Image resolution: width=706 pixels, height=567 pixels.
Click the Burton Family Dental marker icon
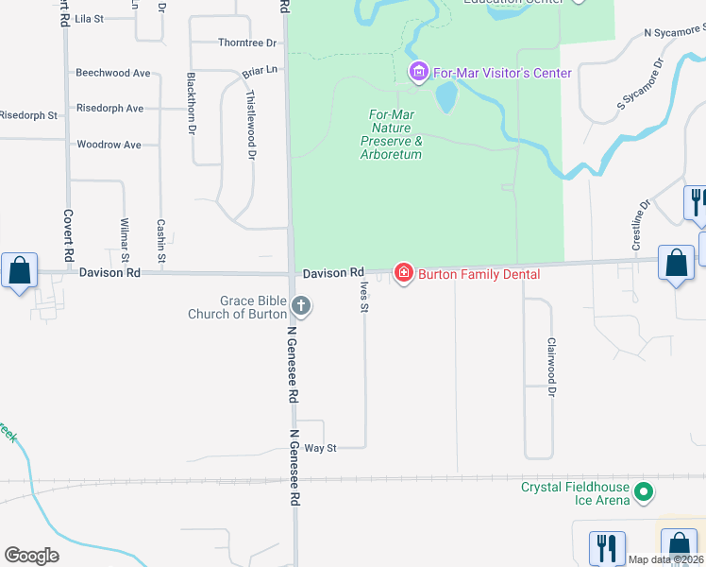point(404,273)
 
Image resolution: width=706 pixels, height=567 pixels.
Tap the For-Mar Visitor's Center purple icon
point(418,72)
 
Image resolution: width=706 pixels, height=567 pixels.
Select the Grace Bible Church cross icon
point(301,305)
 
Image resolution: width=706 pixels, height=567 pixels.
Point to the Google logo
point(31,556)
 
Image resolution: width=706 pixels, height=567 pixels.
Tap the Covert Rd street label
point(69,234)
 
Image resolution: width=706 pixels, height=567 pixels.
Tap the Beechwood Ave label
point(113,73)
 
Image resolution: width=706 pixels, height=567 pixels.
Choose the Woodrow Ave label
point(109,145)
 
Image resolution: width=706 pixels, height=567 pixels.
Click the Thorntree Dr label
point(247,43)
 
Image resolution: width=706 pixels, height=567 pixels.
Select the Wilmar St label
point(124,240)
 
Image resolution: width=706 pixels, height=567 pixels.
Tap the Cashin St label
point(161,240)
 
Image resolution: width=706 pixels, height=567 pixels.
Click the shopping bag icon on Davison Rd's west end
point(19,271)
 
